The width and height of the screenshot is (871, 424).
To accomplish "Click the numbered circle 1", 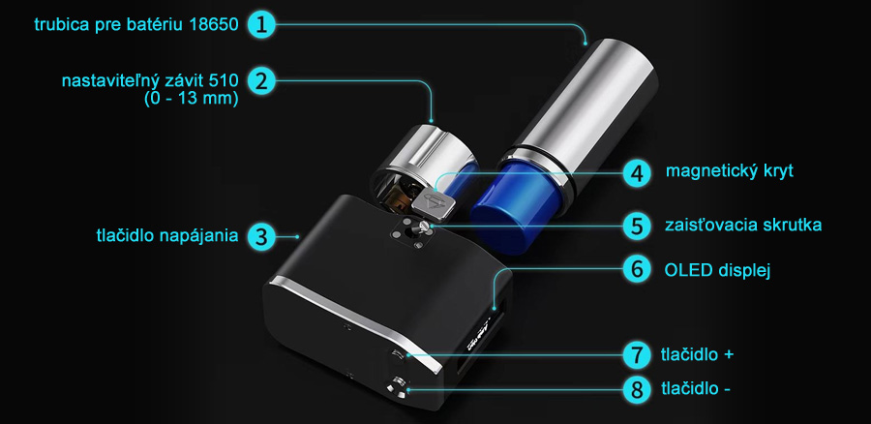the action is [x=260, y=24].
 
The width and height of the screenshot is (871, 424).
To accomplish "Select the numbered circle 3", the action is [x=260, y=236].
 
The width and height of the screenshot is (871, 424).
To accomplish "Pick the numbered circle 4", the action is [x=637, y=173].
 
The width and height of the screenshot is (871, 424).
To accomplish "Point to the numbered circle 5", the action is [x=637, y=226].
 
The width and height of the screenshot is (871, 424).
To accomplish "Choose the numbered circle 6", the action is [x=637, y=269].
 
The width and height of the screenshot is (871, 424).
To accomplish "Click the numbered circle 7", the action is [x=637, y=354].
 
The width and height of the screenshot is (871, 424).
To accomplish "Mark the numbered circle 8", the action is [x=637, y=389].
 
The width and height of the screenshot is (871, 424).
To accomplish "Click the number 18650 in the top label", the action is [x=214, y=25].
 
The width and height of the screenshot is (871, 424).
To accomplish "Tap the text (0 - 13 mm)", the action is [x=191, y=100].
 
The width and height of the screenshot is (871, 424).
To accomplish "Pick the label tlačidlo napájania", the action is [x=167, y=235].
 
